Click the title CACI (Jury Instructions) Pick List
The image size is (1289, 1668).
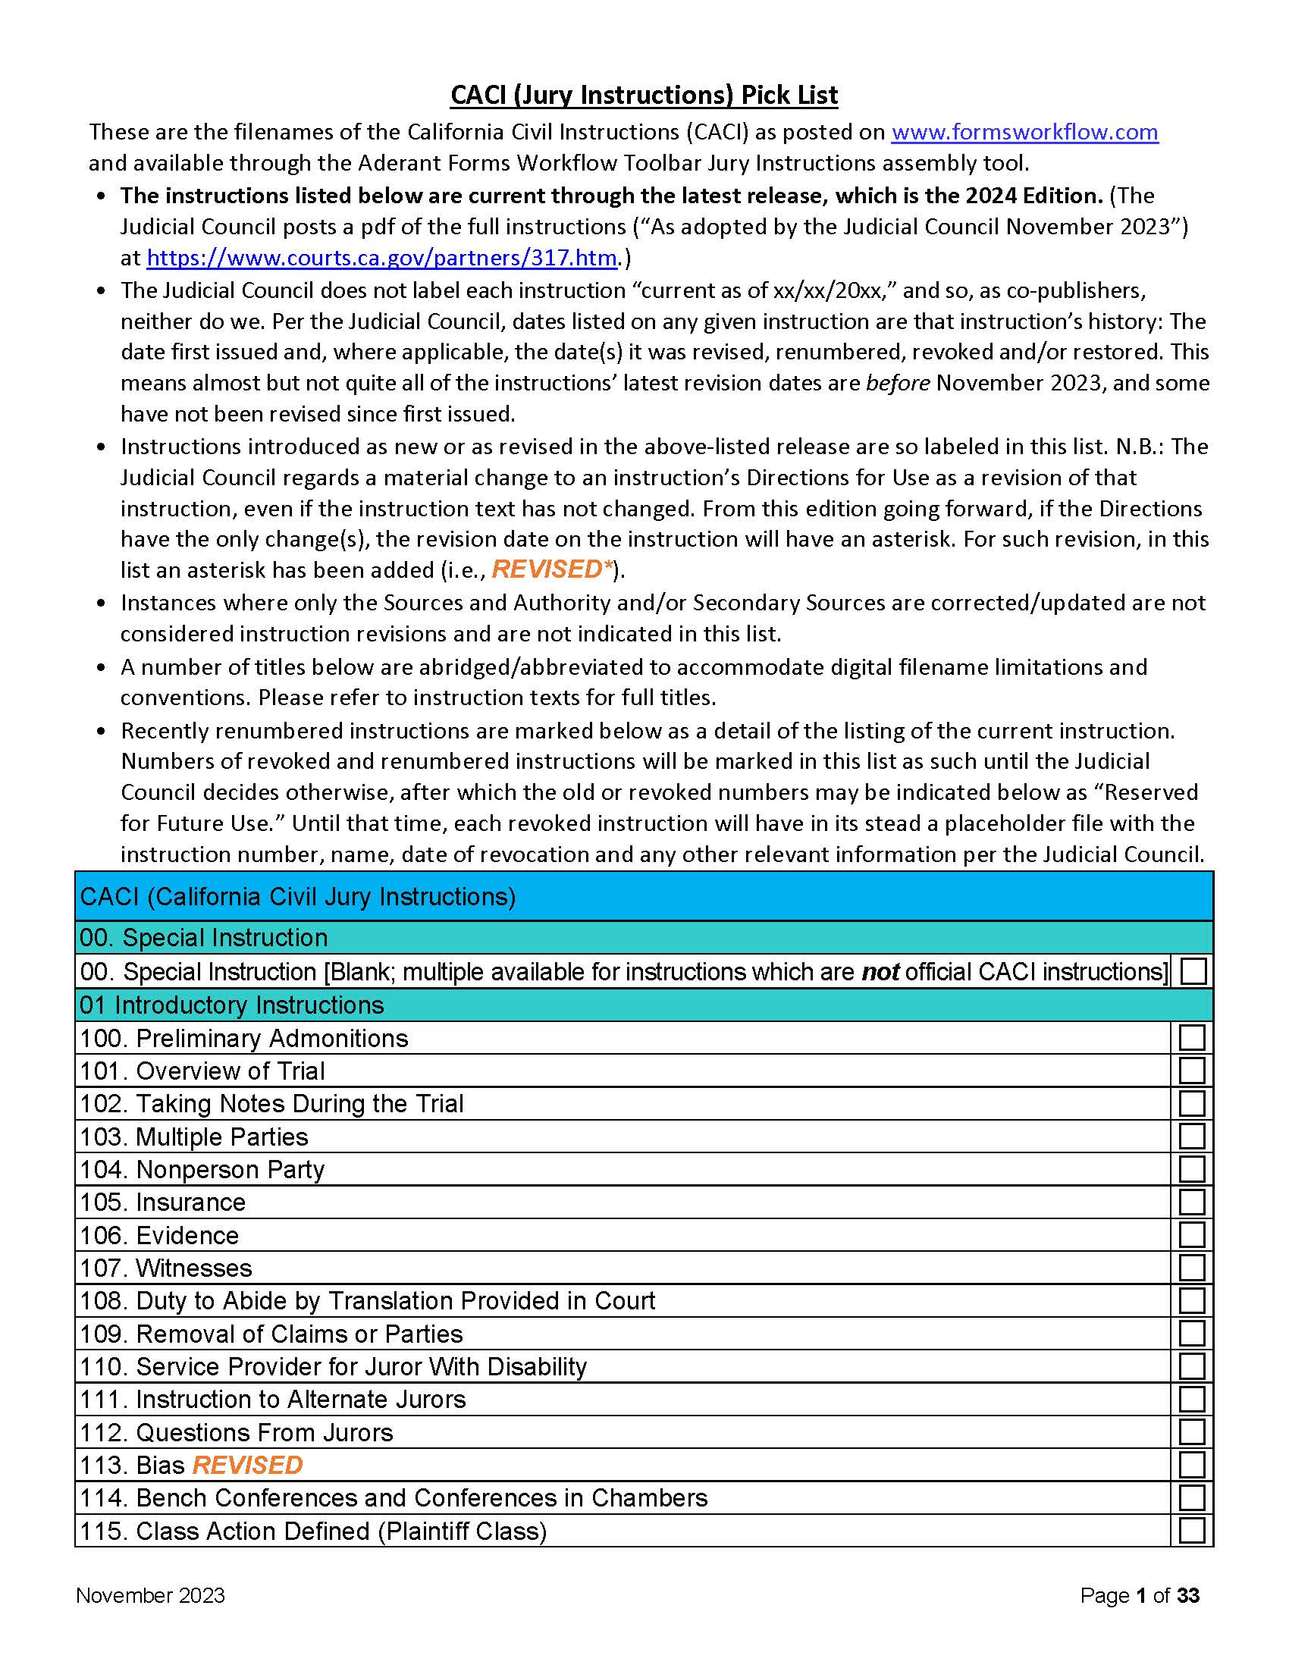(644, 96)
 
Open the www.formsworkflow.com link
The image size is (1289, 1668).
(1024, 132)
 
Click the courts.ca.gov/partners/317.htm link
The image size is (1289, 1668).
(381, 258)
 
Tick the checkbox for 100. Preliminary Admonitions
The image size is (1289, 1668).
(1191, 1038)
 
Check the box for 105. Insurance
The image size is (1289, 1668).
(1191, 1202)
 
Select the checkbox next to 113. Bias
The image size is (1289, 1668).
(1191, 1465)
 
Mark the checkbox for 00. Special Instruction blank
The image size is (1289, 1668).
(1193, 971)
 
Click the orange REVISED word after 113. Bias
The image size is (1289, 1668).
(247, 1465)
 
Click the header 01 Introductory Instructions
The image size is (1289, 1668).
(231, 1005)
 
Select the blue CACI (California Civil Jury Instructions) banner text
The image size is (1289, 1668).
(298, 897)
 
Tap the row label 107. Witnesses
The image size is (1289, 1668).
(166, 1268)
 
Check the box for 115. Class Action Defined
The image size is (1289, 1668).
(1191, 1531)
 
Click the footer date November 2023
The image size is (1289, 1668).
(150, 1595)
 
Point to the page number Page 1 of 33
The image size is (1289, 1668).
(1140, 1595)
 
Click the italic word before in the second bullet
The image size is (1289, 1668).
(897, 383)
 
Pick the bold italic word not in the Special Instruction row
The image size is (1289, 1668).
(880, 971)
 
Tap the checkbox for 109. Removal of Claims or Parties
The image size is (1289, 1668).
(1191, 1334)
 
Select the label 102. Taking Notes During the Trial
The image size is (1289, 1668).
(272, 1104)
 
